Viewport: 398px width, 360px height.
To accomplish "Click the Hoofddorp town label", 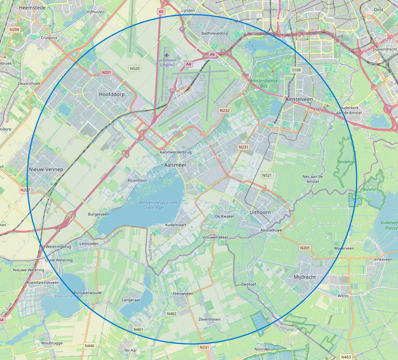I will coord(112,94).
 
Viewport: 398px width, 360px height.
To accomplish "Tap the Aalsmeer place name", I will coord(175,165).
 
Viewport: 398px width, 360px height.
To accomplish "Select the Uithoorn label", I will coord(260,212).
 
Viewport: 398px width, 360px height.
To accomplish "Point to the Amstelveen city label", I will coord(299,99).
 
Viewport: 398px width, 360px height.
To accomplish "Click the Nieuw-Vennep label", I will coord(46,169).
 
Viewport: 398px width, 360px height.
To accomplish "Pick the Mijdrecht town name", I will coord(304,277).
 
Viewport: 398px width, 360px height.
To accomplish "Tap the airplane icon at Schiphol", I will coord(166,54).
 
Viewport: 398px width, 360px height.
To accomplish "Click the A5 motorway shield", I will coord(161,12).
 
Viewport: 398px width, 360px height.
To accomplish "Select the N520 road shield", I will coord(135,68).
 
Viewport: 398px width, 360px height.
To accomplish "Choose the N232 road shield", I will coord(224,110).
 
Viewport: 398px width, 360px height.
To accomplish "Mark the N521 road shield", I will coord(267,175).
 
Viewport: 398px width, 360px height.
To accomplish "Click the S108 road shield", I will coord(296,70).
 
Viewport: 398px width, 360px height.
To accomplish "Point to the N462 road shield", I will coord(172,314).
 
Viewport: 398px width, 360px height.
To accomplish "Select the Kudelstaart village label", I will coord(165,224).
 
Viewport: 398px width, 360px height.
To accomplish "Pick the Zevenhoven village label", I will coord(209,320).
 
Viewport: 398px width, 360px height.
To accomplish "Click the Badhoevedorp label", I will coord(215,33).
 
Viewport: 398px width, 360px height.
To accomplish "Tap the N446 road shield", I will coord(89,346).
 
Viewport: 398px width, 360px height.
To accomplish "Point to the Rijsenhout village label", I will coord(137,180).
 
